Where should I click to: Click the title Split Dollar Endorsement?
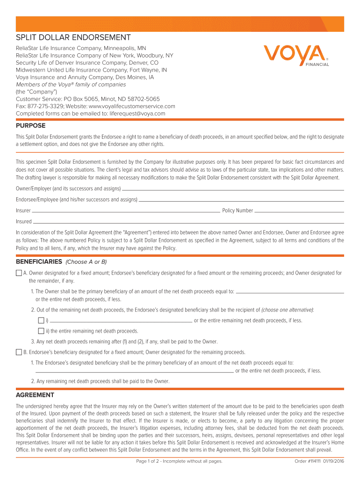point(73,37)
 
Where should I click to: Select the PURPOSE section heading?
point(31,126)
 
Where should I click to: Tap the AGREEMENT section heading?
point(35,395)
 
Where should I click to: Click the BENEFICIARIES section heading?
point(39,261)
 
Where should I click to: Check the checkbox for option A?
point(19,273)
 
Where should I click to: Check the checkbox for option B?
point(19,352)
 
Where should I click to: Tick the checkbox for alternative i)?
point(41,320)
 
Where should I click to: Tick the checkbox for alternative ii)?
point(41,331)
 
